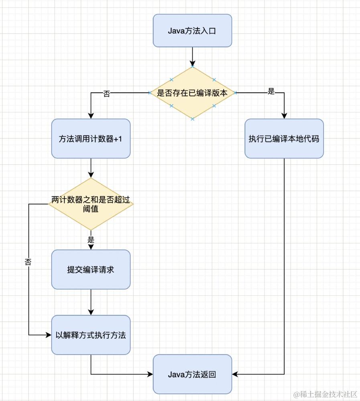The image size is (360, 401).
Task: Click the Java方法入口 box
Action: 192,30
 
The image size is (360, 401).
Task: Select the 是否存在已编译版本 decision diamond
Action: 192,93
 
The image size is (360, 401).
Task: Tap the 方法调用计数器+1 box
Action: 91,138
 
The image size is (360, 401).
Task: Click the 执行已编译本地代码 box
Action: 284,138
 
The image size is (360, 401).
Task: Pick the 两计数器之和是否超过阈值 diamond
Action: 91,204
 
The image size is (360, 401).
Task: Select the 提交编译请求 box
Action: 91,269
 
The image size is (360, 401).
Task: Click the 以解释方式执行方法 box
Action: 91,335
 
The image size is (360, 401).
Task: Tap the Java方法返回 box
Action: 192,374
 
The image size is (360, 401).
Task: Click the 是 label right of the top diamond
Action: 271,92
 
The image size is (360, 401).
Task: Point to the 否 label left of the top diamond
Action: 107,93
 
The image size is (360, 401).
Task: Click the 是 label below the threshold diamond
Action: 91,240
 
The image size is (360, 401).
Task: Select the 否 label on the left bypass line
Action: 28,262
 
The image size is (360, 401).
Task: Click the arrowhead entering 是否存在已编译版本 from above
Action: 192,63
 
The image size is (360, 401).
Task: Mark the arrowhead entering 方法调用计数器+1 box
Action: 91,115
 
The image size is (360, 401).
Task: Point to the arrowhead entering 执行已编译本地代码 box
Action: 284,115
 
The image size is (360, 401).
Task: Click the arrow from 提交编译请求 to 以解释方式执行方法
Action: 91,302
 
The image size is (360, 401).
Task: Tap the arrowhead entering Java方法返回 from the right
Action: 235,374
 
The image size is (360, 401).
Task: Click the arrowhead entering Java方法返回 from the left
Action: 150,374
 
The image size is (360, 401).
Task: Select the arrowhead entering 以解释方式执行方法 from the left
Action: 48,335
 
